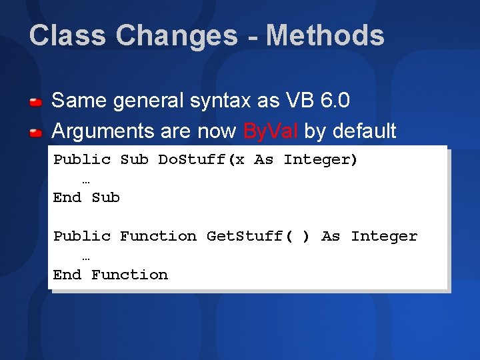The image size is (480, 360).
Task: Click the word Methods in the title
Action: point(325,35)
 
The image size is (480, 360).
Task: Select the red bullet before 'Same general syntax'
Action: point(36,102)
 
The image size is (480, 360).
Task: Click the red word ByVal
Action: point(271,131)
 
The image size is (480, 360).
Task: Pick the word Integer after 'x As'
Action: point(320,159)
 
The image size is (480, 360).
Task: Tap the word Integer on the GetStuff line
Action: point(384,236)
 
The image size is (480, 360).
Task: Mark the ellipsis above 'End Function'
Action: point(86,257)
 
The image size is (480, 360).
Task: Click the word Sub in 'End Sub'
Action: point(105,198)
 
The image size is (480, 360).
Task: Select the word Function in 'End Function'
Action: point(129,275)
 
